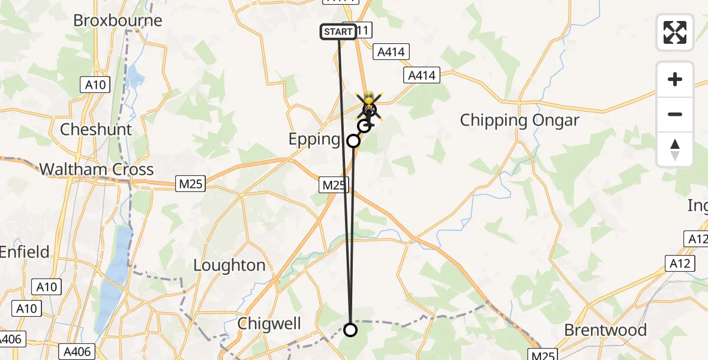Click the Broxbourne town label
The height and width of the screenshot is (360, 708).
click(x=118, y=20)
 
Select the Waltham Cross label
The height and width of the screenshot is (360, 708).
click(x=97, y=169)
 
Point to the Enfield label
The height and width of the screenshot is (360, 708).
click(x=24, y=252)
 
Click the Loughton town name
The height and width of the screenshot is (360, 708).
click(x=229, y=265)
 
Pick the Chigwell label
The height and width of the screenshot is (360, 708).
click(x=269, y=323)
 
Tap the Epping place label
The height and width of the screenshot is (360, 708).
click(x=314, y=139)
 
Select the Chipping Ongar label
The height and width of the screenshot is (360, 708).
click(x=520, y=120)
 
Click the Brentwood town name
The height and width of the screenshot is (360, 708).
click(x=605, y=330)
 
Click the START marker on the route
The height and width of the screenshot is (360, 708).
click(x=338, y=32)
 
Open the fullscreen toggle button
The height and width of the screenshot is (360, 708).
click(x=675, y=32)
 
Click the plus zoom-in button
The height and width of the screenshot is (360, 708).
click(x=675, y=79)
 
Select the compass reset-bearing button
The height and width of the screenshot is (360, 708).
click(x=675, y=149)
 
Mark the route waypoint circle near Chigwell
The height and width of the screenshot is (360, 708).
click(x=350, y=329)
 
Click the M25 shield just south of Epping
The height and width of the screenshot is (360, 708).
click(x=334, y=185)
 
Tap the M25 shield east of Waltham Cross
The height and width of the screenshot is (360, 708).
click(x=191, y=184)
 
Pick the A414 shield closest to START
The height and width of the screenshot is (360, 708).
click(x=391, y=52)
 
